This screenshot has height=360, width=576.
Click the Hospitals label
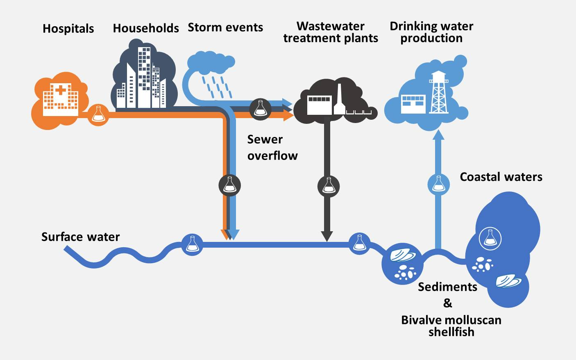pos(68,29)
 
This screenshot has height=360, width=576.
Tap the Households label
pos(146,28)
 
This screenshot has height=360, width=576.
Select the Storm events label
pos(225,27)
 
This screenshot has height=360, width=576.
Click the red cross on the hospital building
pos(61,90)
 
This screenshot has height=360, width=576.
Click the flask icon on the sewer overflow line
pos(229,185)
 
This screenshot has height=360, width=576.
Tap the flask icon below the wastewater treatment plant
pos(329,186)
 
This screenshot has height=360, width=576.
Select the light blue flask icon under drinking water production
pos(438,185)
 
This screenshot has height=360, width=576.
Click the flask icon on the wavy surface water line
pos(192,245)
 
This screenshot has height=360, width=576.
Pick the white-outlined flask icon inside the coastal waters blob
pos(490,238)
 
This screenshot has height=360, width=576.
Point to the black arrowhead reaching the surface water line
pos(327,236)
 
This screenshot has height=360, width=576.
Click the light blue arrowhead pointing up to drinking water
pos(438,135)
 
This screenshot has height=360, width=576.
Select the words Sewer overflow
pos(272,148)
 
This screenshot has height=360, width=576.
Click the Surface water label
pos(80,237)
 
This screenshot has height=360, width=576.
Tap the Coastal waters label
pos(501,177)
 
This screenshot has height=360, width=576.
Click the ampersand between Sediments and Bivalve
pos(448,303)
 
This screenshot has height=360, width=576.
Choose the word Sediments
pos(447,287)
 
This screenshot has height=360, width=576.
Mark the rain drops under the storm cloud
pos(216,87)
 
